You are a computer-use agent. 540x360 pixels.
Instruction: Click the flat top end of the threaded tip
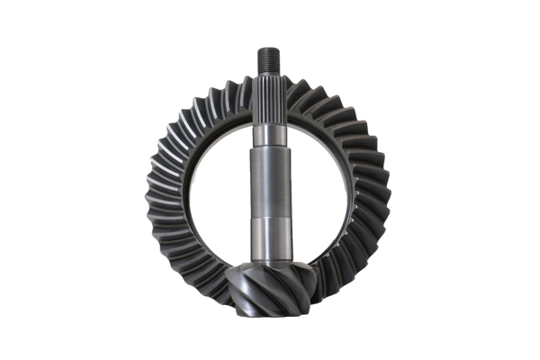[x=270, y=45]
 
